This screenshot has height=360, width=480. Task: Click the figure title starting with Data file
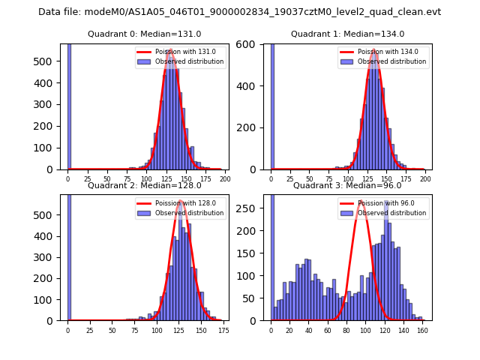point(239,12)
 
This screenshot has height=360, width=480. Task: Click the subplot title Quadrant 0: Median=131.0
point(145,34)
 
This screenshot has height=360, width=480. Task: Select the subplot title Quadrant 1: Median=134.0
point(347,34)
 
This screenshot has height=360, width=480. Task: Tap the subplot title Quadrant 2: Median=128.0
point(145,185)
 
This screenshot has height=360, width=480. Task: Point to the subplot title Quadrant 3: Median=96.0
point(347,185)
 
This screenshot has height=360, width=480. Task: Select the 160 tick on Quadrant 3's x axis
point(422,329)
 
